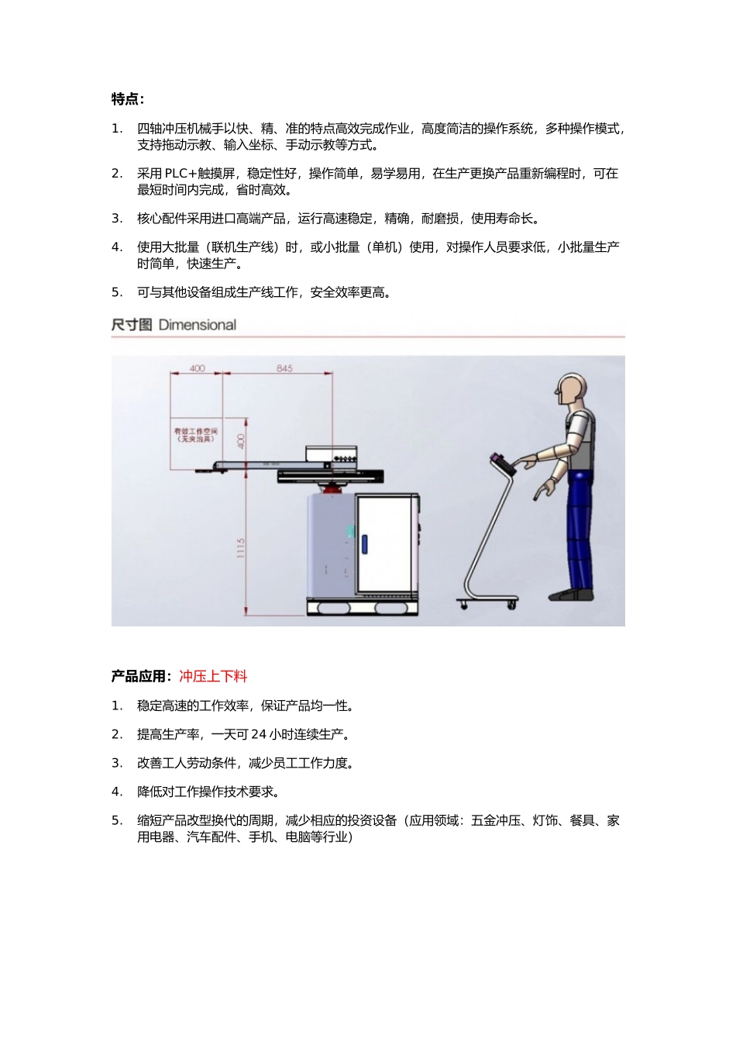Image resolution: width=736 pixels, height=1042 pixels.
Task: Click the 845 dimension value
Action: point(284,368)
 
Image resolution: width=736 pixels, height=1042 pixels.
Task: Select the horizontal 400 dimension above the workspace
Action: point(197,368)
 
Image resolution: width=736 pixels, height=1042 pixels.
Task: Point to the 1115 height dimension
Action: point(241,548)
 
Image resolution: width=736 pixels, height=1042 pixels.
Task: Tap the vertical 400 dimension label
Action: point(241,441)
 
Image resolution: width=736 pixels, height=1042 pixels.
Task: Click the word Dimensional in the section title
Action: point(198,325)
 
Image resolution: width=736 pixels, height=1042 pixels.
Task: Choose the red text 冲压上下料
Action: point(213,677)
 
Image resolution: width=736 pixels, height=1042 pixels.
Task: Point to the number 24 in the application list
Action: point(259,734)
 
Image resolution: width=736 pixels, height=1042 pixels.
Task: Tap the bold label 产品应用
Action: point(139,677)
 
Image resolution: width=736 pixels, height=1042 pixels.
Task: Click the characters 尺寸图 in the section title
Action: point(132,325)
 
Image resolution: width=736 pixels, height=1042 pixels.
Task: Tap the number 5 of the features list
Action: point(116,292)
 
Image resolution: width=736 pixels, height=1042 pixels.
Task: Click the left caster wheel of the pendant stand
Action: point(463,605)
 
